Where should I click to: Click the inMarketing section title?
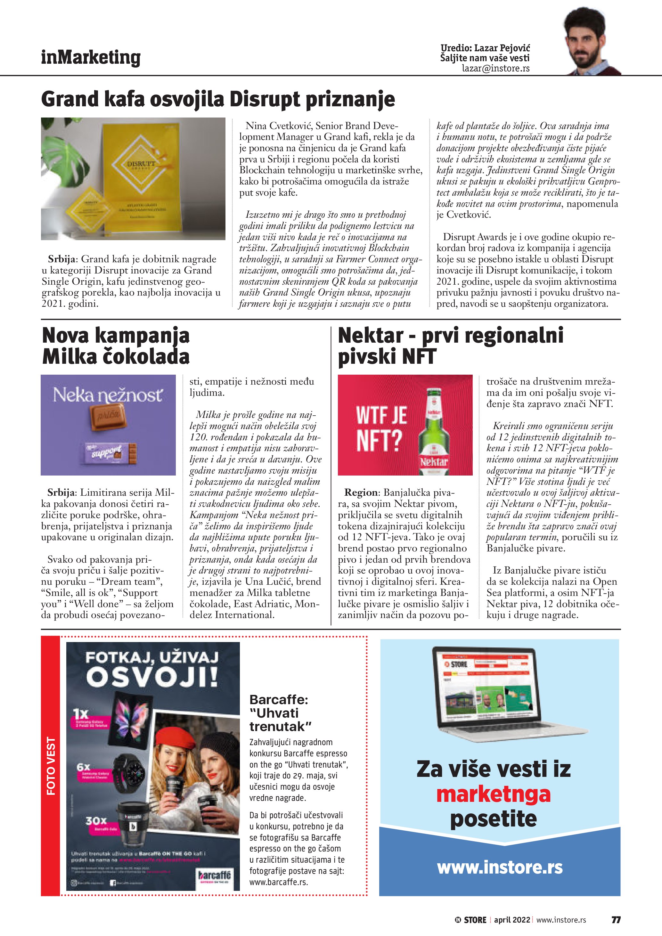(x=91, y=58)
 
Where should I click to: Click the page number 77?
(x=616, y=920)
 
